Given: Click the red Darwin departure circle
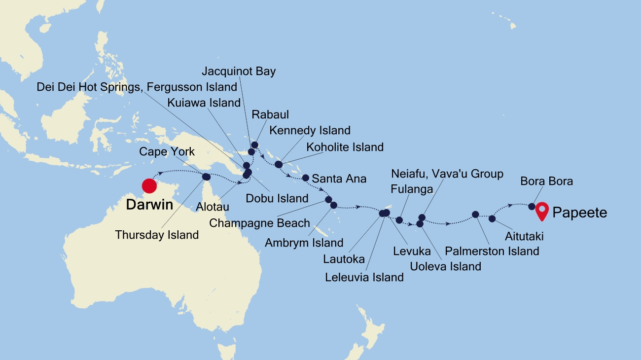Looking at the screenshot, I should [149, 186].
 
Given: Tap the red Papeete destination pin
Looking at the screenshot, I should [542, 211].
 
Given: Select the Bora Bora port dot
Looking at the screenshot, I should [532, 206].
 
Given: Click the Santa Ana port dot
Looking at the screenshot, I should [305, 178].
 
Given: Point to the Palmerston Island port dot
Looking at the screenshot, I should [475, 215].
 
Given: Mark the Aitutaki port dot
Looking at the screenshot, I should [492, 218].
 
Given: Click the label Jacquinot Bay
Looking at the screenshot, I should [239, 72].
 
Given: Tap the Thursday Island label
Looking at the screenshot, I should [157, 235].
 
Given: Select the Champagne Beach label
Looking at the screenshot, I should [260, 223].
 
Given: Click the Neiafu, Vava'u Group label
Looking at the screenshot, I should [447, 174].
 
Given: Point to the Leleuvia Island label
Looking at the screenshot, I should [364, 277].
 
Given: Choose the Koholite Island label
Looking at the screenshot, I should [345, 147].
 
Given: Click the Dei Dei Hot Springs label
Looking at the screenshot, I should [137, 87].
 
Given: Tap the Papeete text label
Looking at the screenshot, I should [580, 213].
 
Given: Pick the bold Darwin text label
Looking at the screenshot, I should [149, 205].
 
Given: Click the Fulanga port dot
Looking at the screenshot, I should [399, 220].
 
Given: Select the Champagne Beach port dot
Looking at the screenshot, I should [328, 200].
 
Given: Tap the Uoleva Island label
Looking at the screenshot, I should [445, 266].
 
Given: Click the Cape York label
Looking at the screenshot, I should [167, 151].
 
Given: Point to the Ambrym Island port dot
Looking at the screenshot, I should [334, 205].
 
